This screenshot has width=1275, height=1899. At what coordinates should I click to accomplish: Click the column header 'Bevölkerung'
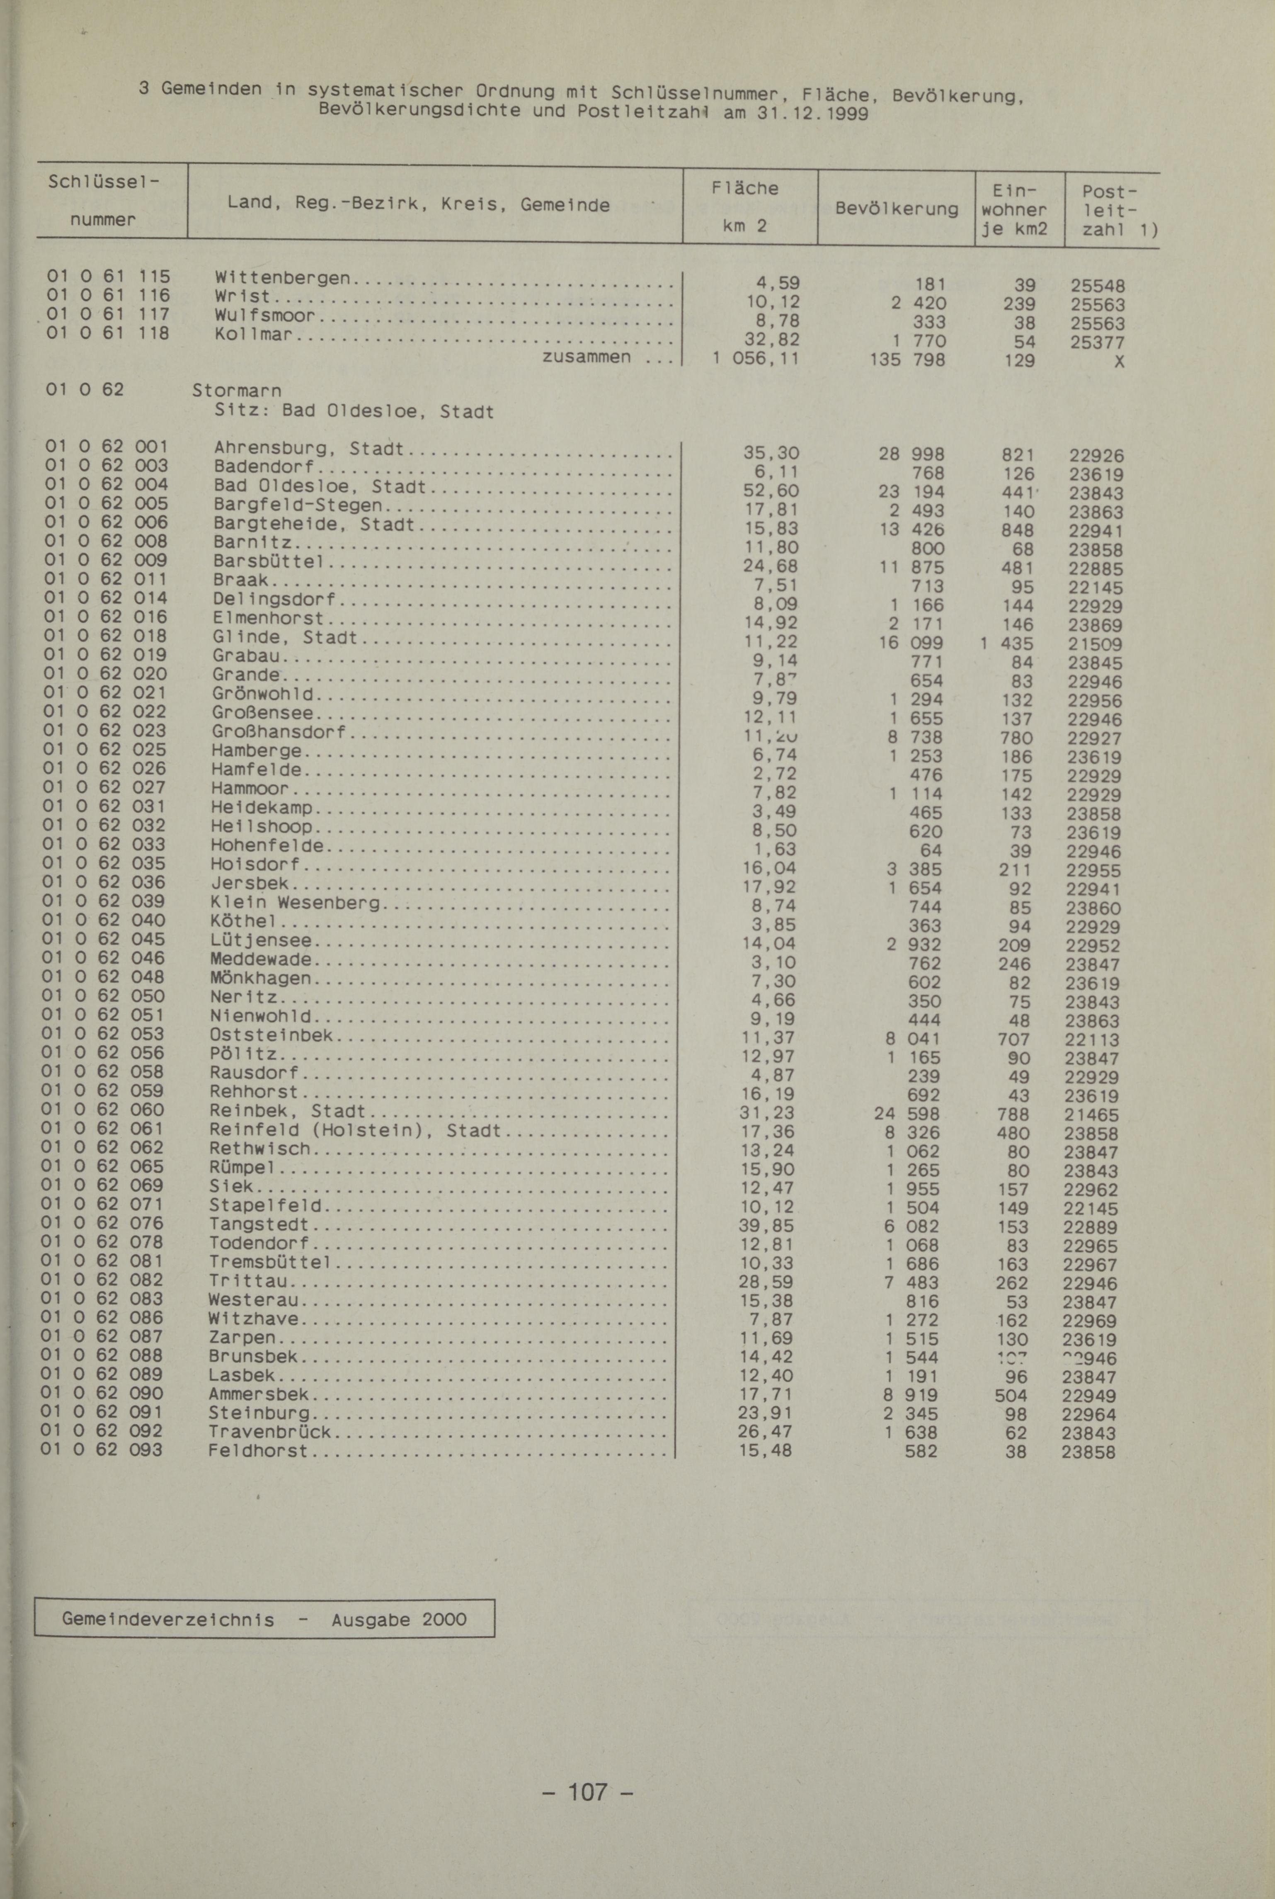(x=896, y=209)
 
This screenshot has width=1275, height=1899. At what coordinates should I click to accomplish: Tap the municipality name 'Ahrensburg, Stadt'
(x=309, y=448)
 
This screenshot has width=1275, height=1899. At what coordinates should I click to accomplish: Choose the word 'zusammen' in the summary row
(x=586, y=357)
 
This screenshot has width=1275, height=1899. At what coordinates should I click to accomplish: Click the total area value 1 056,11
(x=755, y=359)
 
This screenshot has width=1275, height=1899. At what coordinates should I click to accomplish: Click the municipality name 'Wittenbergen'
(x=281, y=278)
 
